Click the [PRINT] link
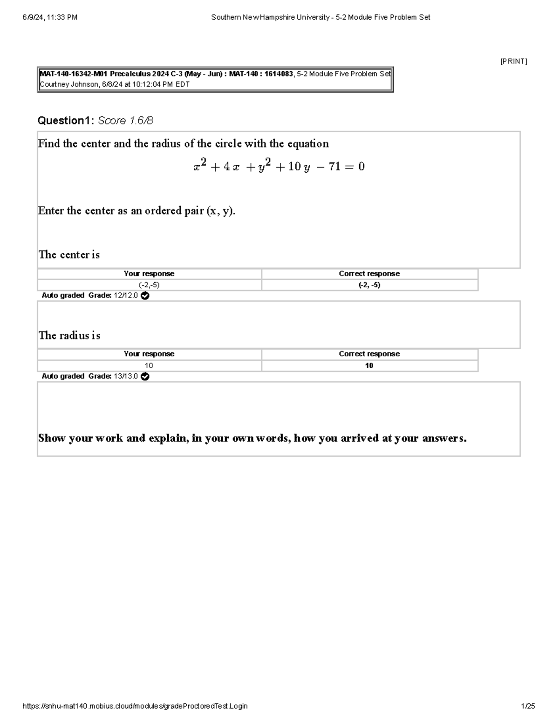click(513, 61)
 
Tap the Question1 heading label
click(66, 121)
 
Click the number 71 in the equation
click(334, 167)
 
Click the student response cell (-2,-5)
click(149, 285)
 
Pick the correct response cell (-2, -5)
click(369, 285)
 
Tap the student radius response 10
click(149, 365)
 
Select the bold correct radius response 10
click(369, 365)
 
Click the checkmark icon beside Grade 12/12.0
click(145, 296)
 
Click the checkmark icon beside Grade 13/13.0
click(145, 376)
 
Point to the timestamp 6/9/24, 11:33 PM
click(50, 17)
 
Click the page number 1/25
click(528, 706)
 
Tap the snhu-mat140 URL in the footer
click(135, 706)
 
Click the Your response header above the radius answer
click(149, 354)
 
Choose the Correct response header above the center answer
click(369, 274)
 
